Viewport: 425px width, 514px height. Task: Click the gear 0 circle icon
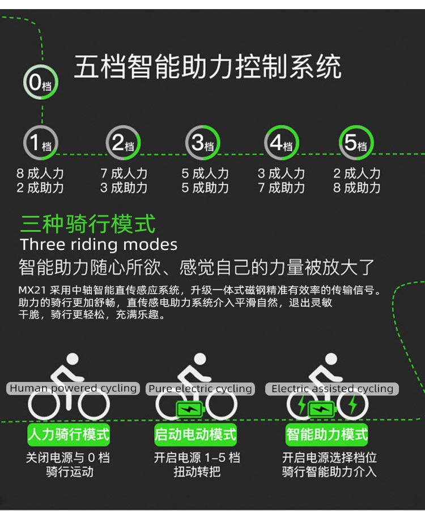[x=40, y=83]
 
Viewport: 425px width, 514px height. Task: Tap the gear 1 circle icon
[x=40, y=143]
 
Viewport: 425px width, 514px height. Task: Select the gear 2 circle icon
[x=123, y=143]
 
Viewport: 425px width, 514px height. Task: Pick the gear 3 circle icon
[x=202, y=143]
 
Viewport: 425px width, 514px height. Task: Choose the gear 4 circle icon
[x=282, y=143]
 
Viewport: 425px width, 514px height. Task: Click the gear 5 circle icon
[x=356, y=143]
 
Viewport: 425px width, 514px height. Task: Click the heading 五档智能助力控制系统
[x=207, y=67]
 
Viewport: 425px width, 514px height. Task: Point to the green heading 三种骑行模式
[x=88, y=224]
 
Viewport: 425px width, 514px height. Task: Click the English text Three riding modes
[x=99, y=245]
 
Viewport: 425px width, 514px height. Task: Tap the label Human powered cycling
[x=73, y=388]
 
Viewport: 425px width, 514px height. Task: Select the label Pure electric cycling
[x=200, y=389]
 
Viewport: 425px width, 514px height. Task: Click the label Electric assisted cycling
[x=332, y=389]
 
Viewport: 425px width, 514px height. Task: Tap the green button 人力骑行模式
[x=69, y=435]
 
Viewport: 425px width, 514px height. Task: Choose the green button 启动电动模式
[x=195, y=435]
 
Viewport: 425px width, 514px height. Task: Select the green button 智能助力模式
[x=327, y=435]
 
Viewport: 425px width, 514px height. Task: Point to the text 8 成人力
[x=40, y=173]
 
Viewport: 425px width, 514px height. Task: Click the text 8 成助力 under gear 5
[x=356, y=188]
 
